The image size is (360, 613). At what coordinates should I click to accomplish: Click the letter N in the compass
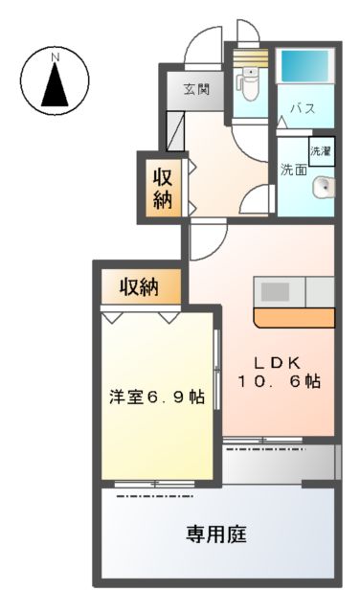(56, 58)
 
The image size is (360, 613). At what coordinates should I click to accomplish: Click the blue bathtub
(307, 68)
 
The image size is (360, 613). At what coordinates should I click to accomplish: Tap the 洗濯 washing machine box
(321, 149)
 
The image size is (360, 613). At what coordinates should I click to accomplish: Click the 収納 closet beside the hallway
(163, 187)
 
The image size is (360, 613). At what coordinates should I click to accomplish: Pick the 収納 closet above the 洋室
(140, 285)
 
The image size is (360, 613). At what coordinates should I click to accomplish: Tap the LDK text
(278, 362)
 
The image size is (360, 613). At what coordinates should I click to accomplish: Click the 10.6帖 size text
(280, 381)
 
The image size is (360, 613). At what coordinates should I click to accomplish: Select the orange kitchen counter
(294, 317)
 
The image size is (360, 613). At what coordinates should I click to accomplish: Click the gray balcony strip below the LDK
(280, 463)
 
